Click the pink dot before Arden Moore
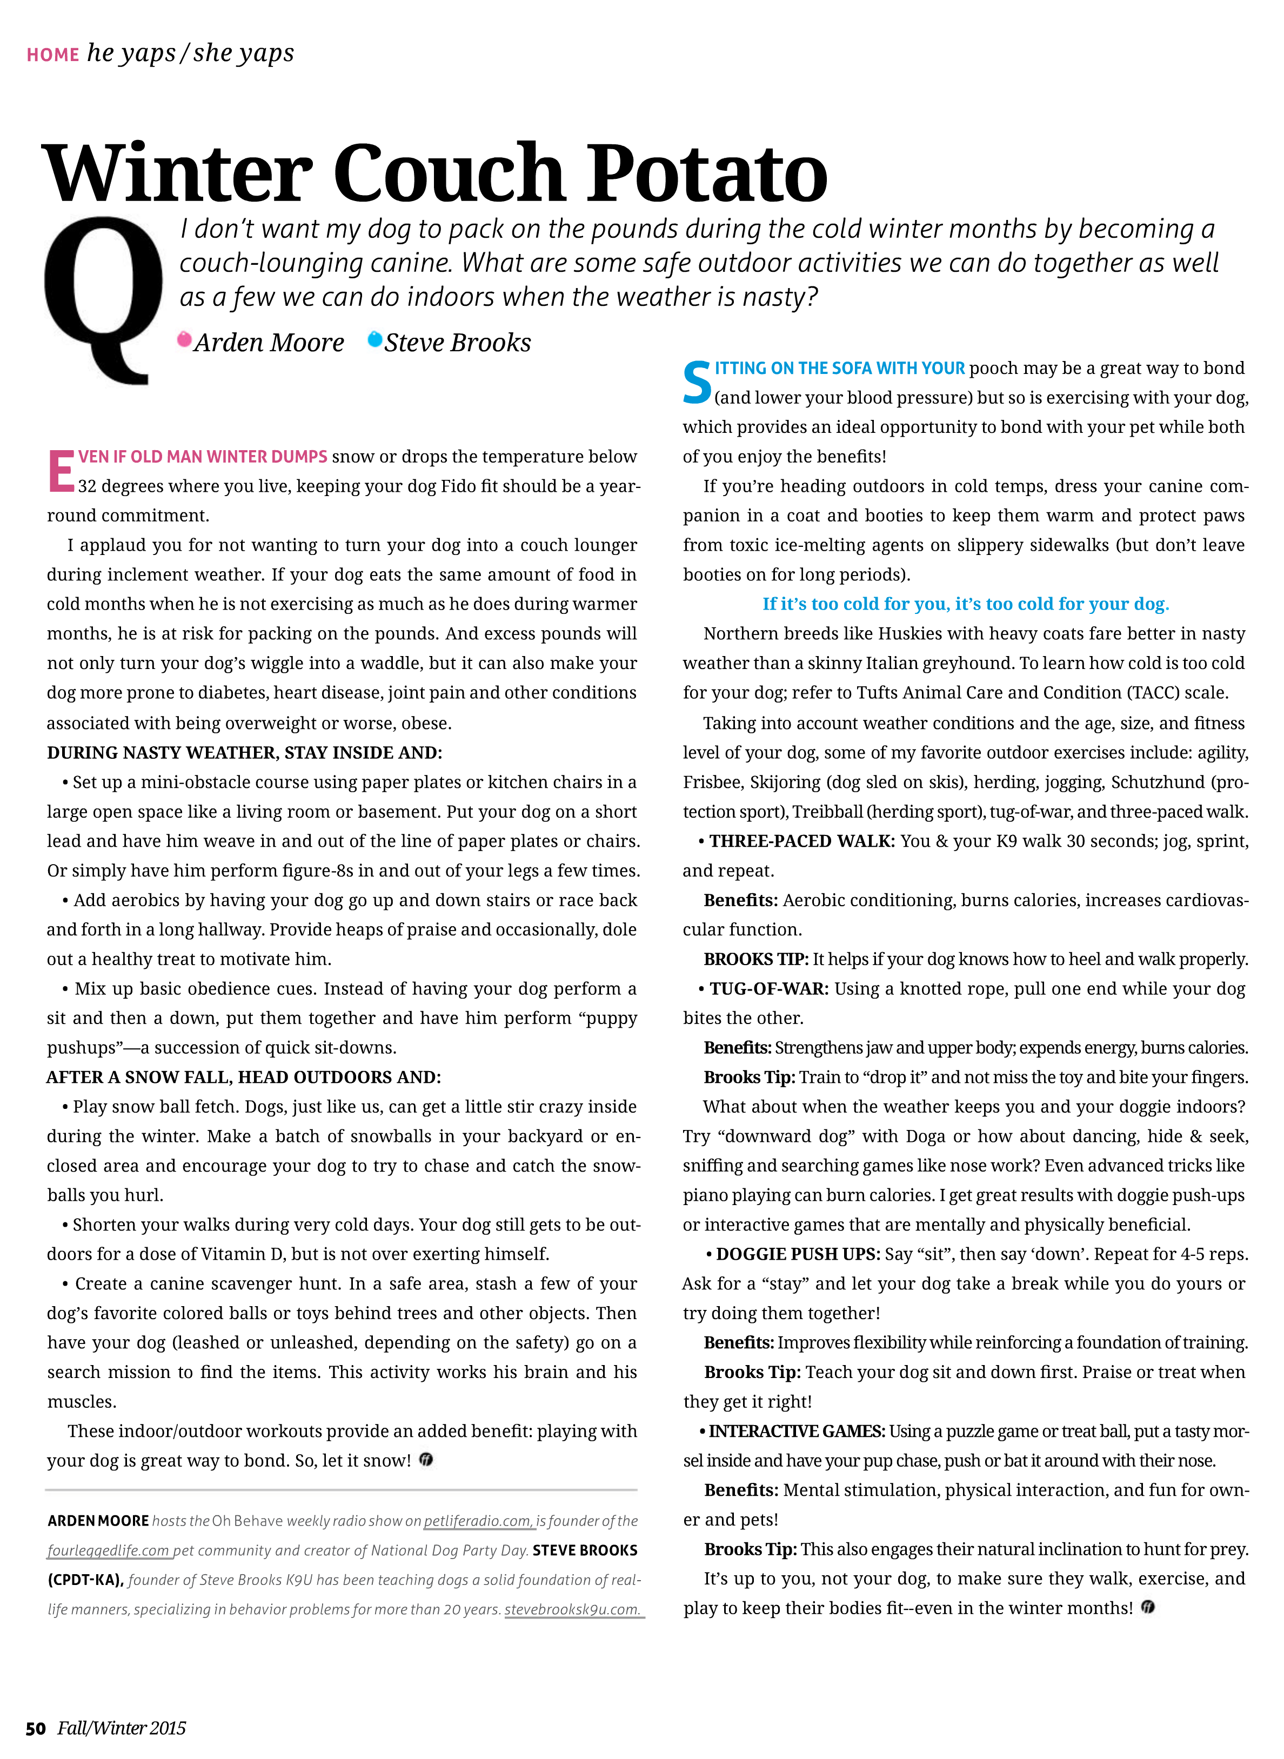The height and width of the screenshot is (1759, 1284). tap(184, 339)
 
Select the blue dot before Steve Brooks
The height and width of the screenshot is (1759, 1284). tap(374, 339)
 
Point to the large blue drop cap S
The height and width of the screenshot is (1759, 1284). tap(697, 383)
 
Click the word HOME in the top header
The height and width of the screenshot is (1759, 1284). tap(53, 55)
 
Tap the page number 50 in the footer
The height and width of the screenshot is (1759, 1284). tap(36, 1728)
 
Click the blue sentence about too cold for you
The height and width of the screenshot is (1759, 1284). tap(965, 604)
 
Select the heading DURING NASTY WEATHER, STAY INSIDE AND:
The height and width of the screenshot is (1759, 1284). tap(244, 752)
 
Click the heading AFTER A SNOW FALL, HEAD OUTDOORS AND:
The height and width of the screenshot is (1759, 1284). tap(243, 1078)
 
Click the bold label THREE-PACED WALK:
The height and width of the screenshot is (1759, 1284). tap(801, 841)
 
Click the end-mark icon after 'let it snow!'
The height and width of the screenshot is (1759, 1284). tap(426, 1460)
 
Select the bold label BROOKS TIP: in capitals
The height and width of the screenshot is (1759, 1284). tap(755, 959)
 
